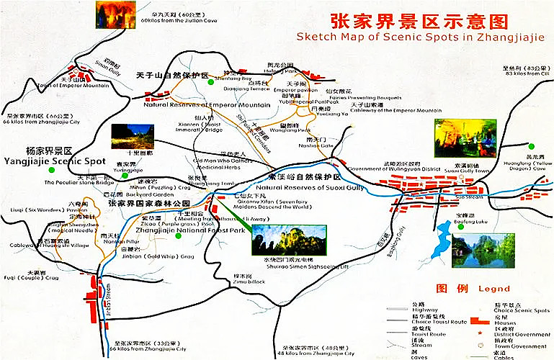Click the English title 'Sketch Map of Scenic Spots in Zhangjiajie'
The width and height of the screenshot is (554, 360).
pyautogui.click(x=421, y=37)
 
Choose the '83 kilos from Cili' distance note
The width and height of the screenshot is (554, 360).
pyautogui.click(x=517, y=73)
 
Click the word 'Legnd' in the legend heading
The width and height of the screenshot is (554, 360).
pyautogui.click(x=493, y=289)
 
